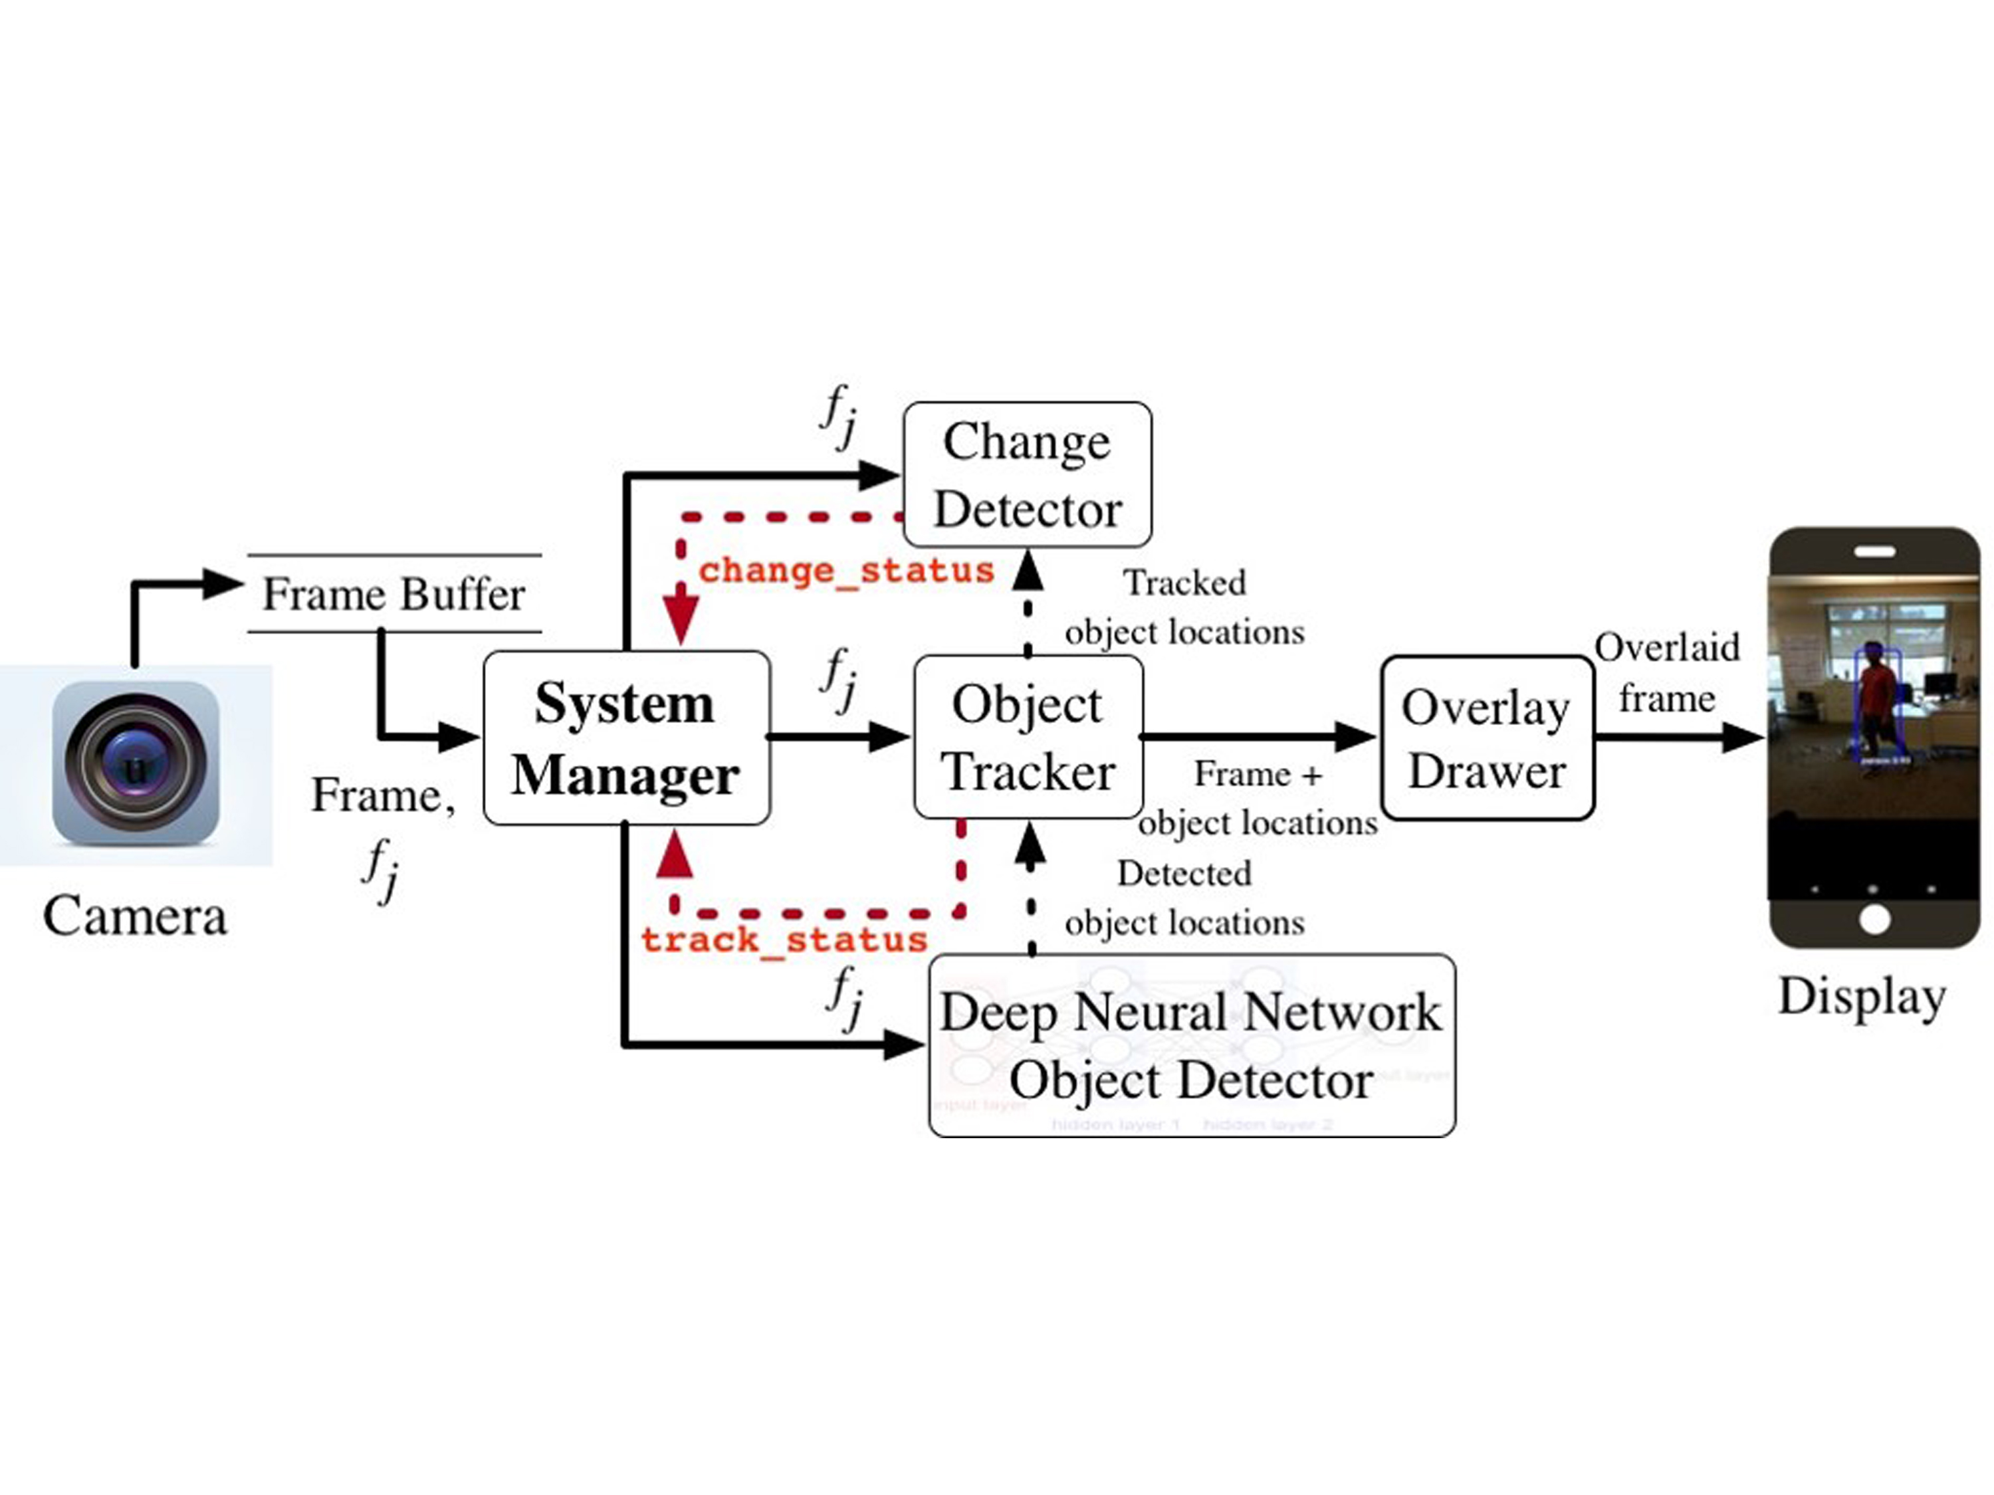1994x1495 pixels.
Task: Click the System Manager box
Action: point(625,737)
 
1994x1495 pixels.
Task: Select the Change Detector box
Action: point(1027,475)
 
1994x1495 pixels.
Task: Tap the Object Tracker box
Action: point(1028,737)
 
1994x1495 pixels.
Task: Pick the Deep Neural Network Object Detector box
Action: point(1191,1045)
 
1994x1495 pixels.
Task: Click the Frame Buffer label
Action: point(394,594)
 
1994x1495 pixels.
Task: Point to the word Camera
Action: point(134,916)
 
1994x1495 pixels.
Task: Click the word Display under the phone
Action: point(1862,996)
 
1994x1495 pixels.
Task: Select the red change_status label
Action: point(845,570)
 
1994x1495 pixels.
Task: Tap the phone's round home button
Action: point(1874,920)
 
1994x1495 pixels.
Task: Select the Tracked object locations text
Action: point(1184,607)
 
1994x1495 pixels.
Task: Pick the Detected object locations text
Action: point(1184,898)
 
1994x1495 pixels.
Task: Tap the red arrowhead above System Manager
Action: point(681,617)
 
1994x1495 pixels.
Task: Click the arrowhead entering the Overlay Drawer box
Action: point(1355,737)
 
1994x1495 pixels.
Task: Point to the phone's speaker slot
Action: point(1874,551)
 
